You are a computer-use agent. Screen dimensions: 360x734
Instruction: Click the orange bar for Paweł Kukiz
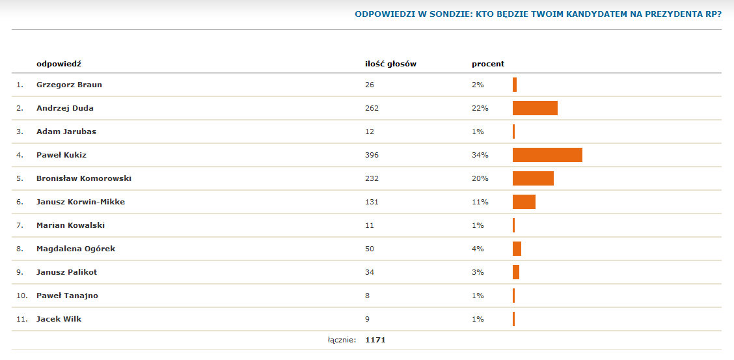click(547, 155)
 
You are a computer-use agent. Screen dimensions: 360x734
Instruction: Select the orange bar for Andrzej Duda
click(535, 108)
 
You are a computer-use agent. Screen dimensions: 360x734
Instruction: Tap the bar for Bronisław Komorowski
click(533, 178)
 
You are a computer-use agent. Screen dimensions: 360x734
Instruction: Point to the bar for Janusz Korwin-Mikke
click(524, 202)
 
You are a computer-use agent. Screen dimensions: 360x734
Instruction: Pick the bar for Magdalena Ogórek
click(517, 249)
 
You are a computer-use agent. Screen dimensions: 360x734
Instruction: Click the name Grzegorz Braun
click(69, 85)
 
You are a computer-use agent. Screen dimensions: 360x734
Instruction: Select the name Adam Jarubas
click(66, 132)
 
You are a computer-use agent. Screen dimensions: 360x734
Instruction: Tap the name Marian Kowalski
click(70, 225)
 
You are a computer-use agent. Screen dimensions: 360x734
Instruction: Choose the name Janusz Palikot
click(66, 272)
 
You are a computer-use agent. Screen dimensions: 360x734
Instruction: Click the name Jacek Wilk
click(59, 319)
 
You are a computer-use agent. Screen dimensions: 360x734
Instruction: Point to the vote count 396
click(372, 155)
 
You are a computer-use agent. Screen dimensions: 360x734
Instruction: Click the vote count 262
click(372, 108)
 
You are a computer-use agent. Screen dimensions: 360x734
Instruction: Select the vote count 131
click(372, 202)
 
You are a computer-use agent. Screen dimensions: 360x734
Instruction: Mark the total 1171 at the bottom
click(375, 340)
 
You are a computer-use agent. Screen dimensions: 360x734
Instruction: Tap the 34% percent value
click(480, 155)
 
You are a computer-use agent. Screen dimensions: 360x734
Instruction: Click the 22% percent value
click(480, 108)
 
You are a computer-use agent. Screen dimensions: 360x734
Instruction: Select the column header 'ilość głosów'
click(390, 64)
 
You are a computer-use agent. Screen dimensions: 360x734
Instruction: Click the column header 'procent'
click(488, 64)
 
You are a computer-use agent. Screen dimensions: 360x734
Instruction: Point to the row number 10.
click(21, 296)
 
